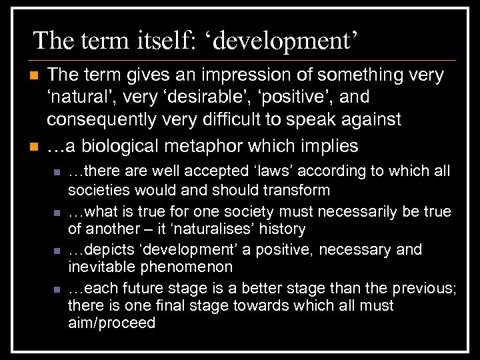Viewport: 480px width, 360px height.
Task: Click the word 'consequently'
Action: click(103, 120)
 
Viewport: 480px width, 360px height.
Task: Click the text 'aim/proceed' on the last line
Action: click(111, 324)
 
